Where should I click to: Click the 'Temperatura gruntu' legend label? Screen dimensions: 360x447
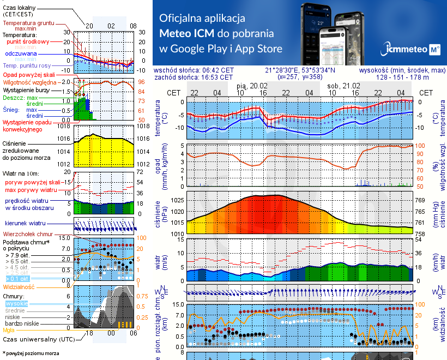click(x=27, y=23)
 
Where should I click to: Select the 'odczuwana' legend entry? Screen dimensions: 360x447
click(x=21, y=54)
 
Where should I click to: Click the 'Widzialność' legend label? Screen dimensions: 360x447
click(x=19, y=286)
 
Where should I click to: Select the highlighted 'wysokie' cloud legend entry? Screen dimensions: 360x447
click(x=16, y=303)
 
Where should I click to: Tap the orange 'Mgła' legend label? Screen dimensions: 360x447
click(x=9, y=330)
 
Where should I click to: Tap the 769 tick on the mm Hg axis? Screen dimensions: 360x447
click(x=420, y=200)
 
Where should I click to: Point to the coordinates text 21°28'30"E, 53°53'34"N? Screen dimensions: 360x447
click(x=300, y=70)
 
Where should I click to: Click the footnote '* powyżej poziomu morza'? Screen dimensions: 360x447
click(x=30, y=353)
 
